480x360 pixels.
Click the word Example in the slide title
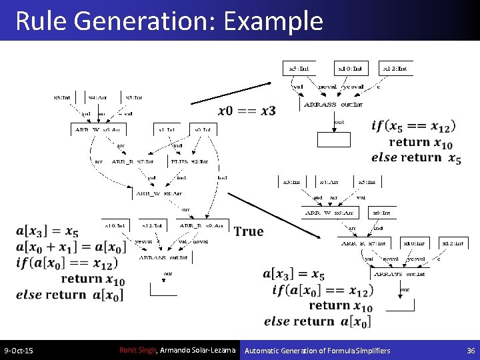click(x=273, y=21)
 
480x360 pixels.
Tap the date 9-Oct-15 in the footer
click(x=19, y=351)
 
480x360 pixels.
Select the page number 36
click(x=471, y=351)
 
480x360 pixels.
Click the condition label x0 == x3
click(x=247, y=111)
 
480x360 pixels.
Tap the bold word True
click(x=249, y=231)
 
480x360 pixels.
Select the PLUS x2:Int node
click(x=190, y=161)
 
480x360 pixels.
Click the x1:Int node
click(x=165, y=129)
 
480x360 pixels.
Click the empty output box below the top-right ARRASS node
click(x=333, y=139)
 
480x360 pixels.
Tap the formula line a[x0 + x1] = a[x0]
click(x=71, y=247)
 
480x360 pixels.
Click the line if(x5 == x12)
click(x=414, y=125)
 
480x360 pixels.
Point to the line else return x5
click(x=417, y=158)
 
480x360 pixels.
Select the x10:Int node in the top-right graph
click(x=350, y=68)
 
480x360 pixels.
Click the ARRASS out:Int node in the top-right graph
click(x=333, y=105)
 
